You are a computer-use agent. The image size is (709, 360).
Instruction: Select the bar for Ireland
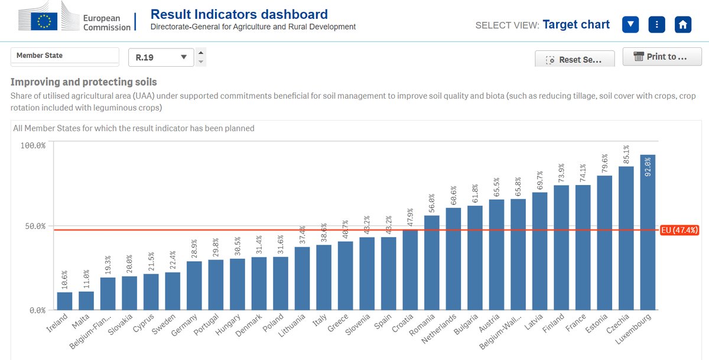tap(65, 301)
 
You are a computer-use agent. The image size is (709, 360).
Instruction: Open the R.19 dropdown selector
tap(161, 57)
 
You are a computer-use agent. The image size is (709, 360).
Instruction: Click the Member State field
tap(65, 56)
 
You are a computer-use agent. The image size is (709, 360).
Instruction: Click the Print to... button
tap(661, 57)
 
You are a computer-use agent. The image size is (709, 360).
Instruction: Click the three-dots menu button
tap(657, 25)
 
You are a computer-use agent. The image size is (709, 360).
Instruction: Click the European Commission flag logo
tap(44, 22)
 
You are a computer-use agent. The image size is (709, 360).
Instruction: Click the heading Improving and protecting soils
tap(84, 82)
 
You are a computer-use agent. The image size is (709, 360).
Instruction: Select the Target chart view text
tap(575, 24)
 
